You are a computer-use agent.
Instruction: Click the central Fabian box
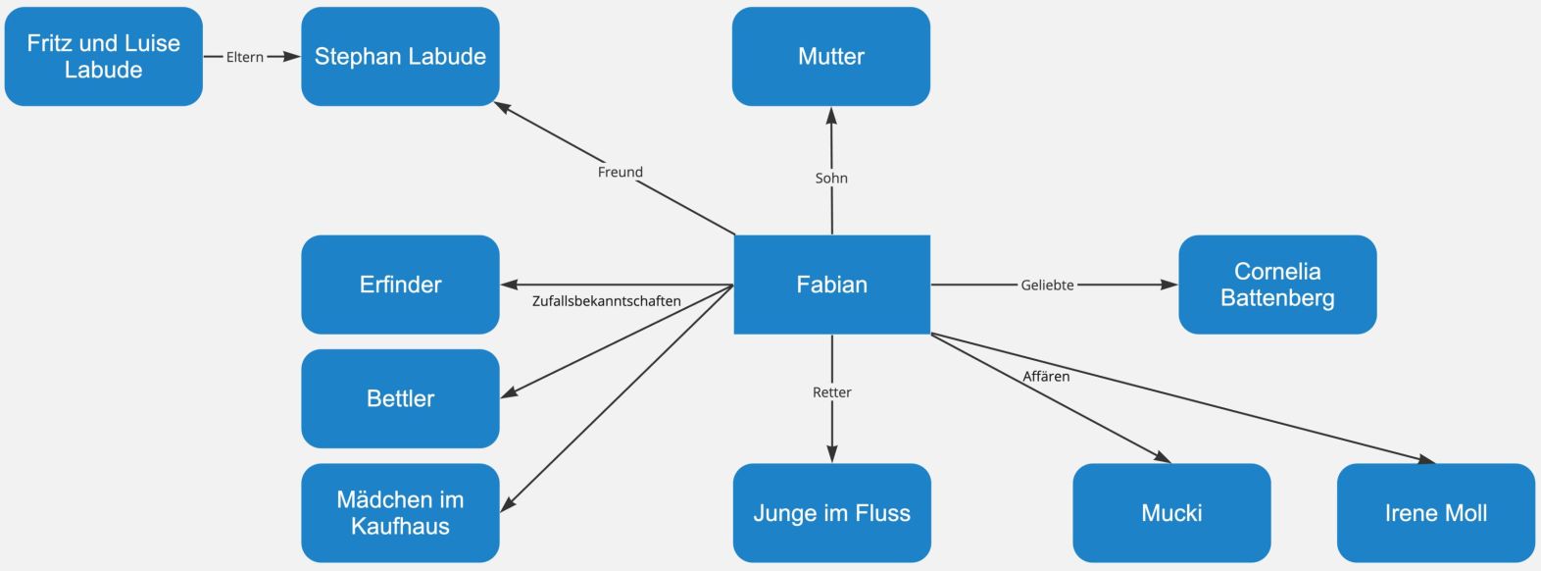(x=831, y=285)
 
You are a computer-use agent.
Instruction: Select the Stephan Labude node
(x=400, y=57)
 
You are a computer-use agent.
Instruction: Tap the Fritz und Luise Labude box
(x=103, y=57)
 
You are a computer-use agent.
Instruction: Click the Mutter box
(x=830, y=57)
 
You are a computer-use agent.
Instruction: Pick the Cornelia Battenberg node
(x=1276, y=285)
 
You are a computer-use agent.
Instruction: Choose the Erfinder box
(x=400, y=285)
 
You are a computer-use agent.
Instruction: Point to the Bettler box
(x=400, y=398)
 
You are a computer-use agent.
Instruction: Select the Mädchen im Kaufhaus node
(x=400, y=512)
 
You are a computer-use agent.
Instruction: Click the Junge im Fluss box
(x=831, y=512)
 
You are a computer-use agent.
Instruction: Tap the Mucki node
(x=1171, y=512)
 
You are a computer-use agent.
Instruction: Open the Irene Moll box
(x=1435, y=512)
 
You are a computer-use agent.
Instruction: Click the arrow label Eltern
(x=244, y=57)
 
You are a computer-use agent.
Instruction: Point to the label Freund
(x=620, y=172)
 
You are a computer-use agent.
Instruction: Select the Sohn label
(x=831, y=178)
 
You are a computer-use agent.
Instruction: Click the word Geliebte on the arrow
(x=1047, y=285)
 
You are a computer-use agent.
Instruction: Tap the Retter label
(x=831, y=392)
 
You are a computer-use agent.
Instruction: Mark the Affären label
(x=1046, y=376)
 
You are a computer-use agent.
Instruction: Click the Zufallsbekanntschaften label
(x=606, y=301)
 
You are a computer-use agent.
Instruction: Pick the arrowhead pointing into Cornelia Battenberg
(x=1168, y=285)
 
